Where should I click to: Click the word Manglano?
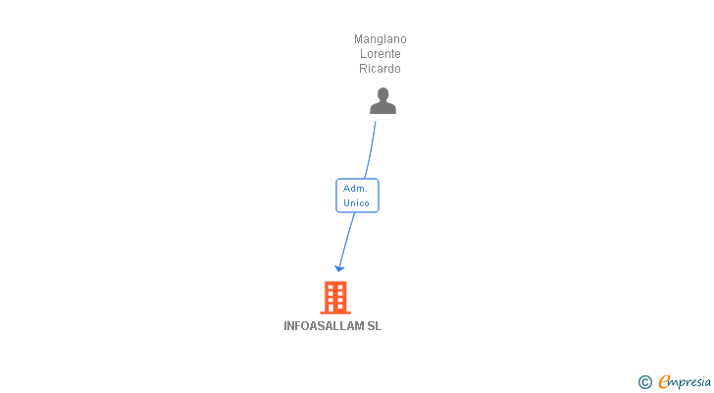coord(381,39)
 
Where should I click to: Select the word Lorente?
coord(381,54)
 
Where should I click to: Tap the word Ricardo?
coord(380,69)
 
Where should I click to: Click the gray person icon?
coord(382,101)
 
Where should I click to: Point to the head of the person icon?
coord(382,94)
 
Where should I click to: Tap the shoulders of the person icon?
coord(382,108)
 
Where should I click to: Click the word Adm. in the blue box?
coord(355,189)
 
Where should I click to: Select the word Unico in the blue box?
coord(356,202)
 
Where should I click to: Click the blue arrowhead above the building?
coord(339,268)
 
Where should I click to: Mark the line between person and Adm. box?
coord(371,150)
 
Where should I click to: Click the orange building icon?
coord(335,298)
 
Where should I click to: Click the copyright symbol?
coord(644,382)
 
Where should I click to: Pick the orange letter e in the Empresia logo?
coord(664,381)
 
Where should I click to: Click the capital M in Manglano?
coord(358,39)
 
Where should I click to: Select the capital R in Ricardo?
coord(363,69)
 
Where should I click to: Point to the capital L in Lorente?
coord(363,54)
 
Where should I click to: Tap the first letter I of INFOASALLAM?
coord(285,326)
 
